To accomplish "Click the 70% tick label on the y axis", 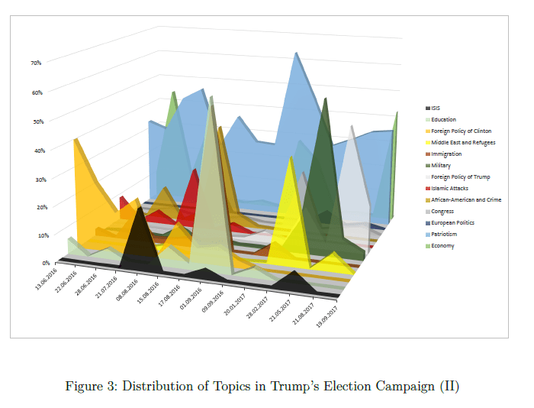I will [36, 63].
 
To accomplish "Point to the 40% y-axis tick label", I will [36, 150].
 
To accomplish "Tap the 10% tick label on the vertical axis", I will [36, 235].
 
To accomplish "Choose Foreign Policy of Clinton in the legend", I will [461, 131].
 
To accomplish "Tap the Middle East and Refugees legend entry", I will [462, 143].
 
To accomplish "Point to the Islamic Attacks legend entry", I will [449, 188].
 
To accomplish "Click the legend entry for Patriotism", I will [444, 234].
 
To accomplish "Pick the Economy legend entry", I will [442, 245].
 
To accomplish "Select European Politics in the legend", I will [452, 222].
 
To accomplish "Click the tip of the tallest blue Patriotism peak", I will [296, 53].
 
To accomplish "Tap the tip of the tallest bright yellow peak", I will [291, 158].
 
